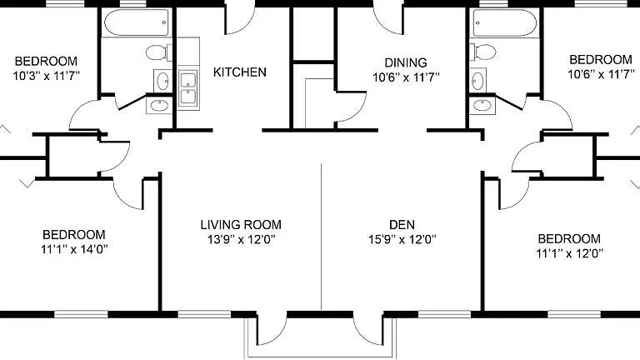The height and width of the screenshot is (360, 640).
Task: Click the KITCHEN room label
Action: tap(240, 72)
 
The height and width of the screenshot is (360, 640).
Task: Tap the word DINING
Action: tap(406, 62)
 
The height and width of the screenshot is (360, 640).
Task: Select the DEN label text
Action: tap(402, 224)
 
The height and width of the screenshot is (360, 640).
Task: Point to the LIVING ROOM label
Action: tap(241, 224)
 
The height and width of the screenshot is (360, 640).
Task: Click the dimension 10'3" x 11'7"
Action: tap(46, 76)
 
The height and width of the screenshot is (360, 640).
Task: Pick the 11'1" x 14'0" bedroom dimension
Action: tap(74, 249)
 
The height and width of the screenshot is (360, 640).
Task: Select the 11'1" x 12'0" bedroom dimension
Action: tap(569, 253)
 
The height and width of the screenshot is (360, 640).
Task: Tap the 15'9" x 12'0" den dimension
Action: tap(402, 239)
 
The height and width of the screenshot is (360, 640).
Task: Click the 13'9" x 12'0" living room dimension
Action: tap(241, 239)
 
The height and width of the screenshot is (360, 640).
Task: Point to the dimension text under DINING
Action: tap(406, 77)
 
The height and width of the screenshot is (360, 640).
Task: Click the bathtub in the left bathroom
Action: tap(137, 22)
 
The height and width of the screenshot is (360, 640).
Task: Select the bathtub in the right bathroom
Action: tap(504, 22)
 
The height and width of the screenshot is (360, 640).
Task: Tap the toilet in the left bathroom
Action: tap(159, 52)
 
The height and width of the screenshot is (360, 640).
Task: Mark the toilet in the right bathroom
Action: tap(482, 52)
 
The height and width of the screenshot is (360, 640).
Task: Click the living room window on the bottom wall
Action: tap(204, 314)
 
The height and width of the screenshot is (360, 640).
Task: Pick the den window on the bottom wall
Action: tap(444, 314)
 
